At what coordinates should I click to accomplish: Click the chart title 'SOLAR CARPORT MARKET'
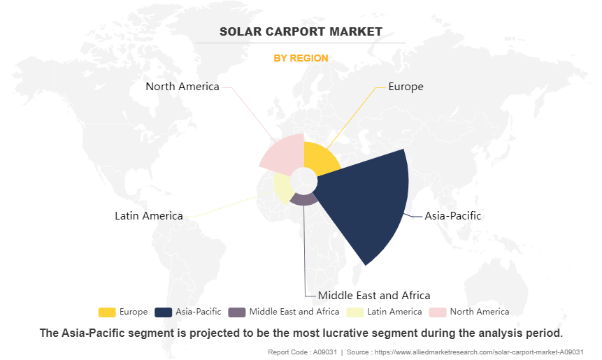[x=301, y=31]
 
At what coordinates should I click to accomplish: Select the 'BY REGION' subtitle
[x=301, y=58]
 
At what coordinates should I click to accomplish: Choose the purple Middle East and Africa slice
[x=303, y=199]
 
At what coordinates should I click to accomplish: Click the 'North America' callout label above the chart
[x=182, y=87]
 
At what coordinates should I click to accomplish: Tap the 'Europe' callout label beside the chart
[x=406, y=87]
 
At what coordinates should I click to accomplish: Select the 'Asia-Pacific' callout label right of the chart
[x=453, y=215]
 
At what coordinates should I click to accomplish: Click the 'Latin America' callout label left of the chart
[x=149, y=215]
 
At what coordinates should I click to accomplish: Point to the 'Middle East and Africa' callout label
[x=374, y=295]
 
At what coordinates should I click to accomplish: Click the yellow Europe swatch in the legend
[x=107, y=312]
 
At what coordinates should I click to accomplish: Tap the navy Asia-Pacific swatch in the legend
[x=164, y=312]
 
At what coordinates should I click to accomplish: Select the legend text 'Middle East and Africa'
[x=294, y=312]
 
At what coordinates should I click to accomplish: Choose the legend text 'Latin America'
[x=394, y=312]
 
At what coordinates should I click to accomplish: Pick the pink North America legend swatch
[x=438, y=312]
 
